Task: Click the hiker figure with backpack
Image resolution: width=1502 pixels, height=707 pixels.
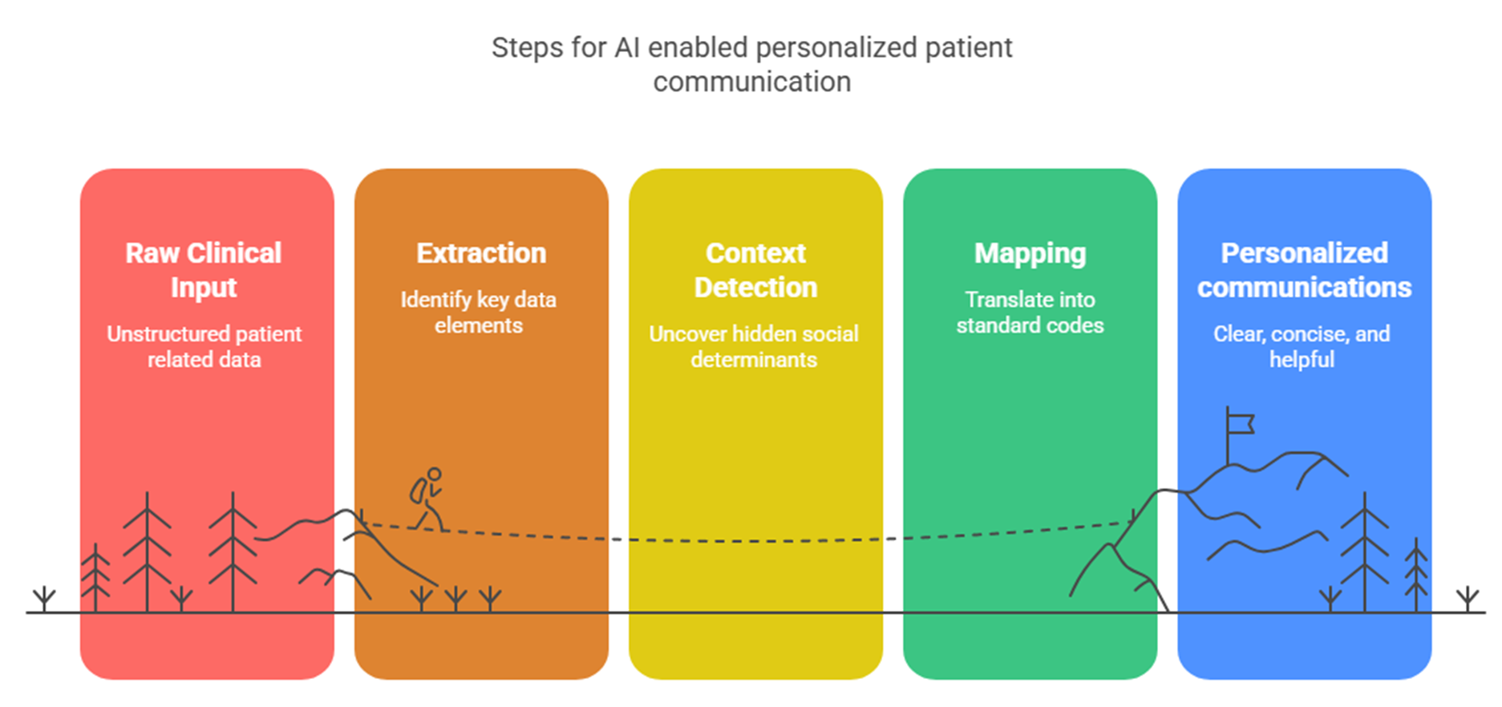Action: [427, 499]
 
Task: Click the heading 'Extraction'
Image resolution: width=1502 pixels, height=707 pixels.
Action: [481, 253]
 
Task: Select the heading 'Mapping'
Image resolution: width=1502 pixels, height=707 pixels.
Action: [1030, 254]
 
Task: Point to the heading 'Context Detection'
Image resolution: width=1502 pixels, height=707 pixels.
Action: [755, 270]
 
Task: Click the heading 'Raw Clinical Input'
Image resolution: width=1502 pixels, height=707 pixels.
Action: [204, 270]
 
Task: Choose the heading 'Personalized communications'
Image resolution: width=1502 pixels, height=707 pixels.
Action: [1304, 270]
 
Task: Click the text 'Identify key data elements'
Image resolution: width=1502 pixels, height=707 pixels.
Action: [479, 312]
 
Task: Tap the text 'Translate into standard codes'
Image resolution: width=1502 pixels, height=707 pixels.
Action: [1030, 312]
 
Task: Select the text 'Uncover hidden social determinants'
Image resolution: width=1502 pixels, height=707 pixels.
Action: [754, 346]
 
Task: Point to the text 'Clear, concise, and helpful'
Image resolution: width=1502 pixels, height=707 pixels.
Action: [1302, 346]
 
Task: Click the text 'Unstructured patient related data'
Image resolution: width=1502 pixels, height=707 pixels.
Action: [204, 346]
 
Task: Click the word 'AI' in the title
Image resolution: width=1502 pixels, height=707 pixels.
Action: [627, 48]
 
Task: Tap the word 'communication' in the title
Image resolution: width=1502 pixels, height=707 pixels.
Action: [752, 82]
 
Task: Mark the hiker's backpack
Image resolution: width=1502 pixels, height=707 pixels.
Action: [419, 491]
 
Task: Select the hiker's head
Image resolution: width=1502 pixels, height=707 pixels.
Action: [435, 475]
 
